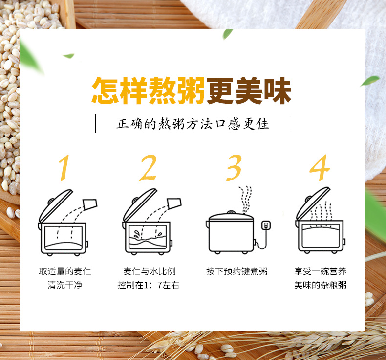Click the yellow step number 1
tap(64, 168)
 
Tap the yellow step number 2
tap(148, 168)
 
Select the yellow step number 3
tap(234, 168)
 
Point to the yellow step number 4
tap(320, 168)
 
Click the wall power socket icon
tap(266, 225)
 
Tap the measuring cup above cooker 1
tap(90, 204)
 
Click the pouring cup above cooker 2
tap(174, 204)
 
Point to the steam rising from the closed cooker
tap(245, 200)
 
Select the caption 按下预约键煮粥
tap(236, 271)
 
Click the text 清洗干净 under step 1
tap(65, 285)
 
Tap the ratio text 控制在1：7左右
tap(148, 285)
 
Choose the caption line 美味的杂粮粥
tap(320, 285)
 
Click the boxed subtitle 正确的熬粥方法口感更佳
tap(193, 123)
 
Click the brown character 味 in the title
tap(277, 90)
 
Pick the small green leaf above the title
tap(228, 34)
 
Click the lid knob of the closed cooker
tap(231, 212)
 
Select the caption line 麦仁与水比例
tap(150, 271)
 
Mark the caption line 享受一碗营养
tap(320, 271)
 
